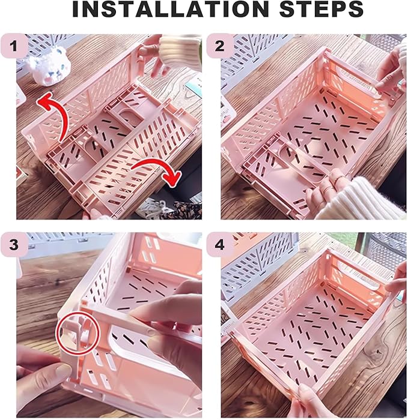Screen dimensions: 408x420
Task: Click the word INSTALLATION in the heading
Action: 170,10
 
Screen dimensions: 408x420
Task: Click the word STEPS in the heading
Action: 321,10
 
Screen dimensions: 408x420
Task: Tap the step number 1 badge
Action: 14,46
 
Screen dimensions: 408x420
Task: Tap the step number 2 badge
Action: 219,46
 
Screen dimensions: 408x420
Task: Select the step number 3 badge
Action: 14,244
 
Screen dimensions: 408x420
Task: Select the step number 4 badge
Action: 219,244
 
